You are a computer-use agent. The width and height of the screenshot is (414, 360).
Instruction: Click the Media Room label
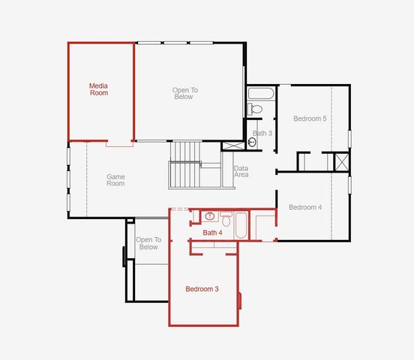[99, 89]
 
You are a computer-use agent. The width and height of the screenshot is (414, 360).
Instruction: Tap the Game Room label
[115, 181]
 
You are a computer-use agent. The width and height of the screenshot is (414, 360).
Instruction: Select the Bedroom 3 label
[202, 289]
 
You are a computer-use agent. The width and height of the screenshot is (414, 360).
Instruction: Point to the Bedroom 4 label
[305, 208]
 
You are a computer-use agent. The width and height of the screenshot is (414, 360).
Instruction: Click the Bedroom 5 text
[309, 118]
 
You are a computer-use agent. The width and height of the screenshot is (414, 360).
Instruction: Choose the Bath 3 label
[262, 133]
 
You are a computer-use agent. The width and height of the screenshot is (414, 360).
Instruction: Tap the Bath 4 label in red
[213, 233]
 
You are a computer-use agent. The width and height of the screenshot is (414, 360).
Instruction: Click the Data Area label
[241, 172]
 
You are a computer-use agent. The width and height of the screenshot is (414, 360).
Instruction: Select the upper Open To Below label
[184, 93]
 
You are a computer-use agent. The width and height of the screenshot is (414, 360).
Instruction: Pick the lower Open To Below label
[148, 243]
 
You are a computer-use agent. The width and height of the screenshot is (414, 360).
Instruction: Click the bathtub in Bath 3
[261, 94]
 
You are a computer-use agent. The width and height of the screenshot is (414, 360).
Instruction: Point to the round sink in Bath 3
[253, 140]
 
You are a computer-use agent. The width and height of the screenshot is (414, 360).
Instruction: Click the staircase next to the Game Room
[185, 166]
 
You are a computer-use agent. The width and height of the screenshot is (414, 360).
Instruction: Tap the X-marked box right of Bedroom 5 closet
[341, 163]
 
